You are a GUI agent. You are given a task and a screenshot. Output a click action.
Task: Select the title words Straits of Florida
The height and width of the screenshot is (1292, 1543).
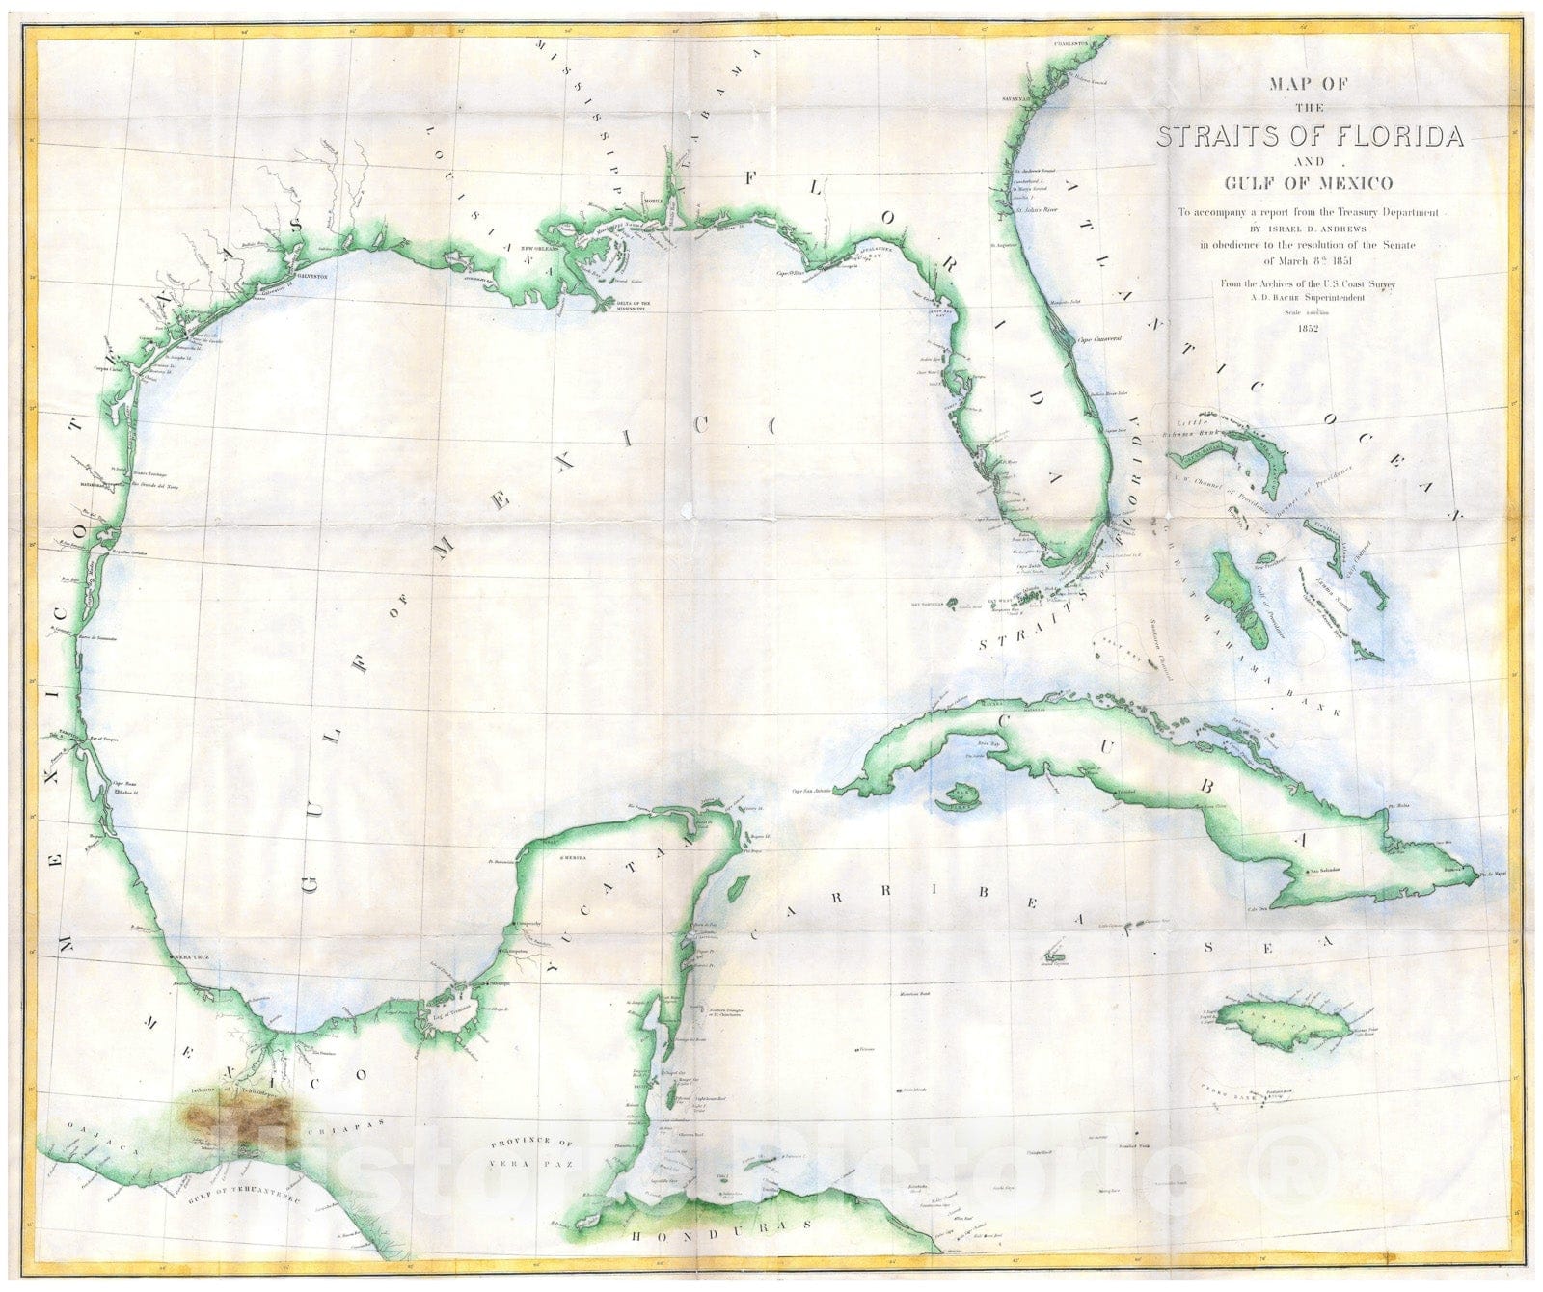click(x=1310, y=136)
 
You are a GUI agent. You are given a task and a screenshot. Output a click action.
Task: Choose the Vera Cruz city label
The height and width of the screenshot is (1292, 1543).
click(x=192, y=957)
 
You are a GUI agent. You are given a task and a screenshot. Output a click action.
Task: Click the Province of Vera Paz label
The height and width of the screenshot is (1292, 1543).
click(x=531, y=1153)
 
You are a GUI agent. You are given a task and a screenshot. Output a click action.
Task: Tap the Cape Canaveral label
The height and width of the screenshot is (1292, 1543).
click(x=1104, y=339)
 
